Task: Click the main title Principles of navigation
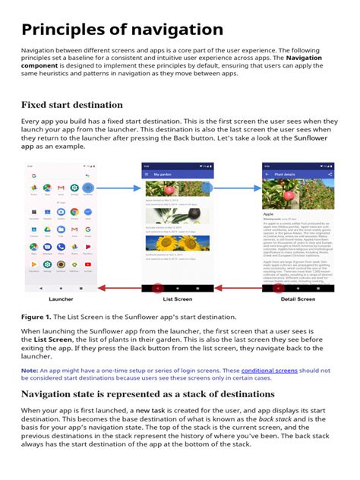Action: click(x=122, y=30)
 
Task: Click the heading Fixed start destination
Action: click(x=71, y=104)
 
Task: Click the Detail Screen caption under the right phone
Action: click(x=297, y=299)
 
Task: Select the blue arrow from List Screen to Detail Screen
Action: click(x=236, y=187)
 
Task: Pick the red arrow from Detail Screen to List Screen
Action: click(x=236, y=289)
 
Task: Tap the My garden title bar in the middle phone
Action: click(x=177, y=174)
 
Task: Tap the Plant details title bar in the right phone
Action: click(x=296, y=174)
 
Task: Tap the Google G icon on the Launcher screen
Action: click(x=33, y=176)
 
